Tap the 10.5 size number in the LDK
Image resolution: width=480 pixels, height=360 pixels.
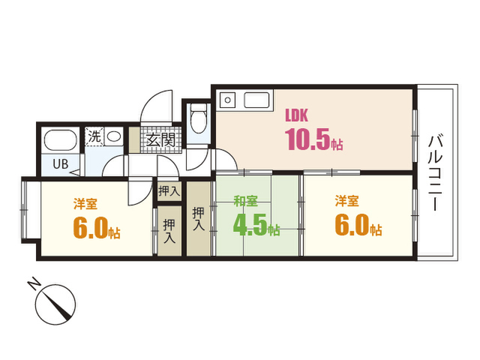point(307,139)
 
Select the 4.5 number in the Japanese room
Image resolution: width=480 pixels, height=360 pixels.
point(250,225)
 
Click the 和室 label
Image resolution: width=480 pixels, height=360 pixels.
point(245,201)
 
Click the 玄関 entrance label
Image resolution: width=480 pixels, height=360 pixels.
point(160,140)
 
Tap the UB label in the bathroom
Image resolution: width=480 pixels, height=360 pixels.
point(60,164)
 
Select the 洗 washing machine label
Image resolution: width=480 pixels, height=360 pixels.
point(94,136)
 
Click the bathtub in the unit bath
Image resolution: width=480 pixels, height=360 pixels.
point(60,140)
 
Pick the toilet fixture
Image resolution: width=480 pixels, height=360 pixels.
point(198,118)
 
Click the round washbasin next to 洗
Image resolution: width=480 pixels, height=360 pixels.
point(114,136)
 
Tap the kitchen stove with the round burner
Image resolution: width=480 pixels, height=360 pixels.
point(227,100)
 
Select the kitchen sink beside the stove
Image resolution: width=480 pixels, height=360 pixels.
point(256,100)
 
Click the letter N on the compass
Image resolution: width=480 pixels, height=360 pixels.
point(34,283)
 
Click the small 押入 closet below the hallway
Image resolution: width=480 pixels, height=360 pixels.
point(169,192)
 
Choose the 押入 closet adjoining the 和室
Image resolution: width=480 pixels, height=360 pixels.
point(198,218)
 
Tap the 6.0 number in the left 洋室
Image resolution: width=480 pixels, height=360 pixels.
point(91,227)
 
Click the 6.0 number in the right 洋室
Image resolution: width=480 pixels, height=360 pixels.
point(352,225)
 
